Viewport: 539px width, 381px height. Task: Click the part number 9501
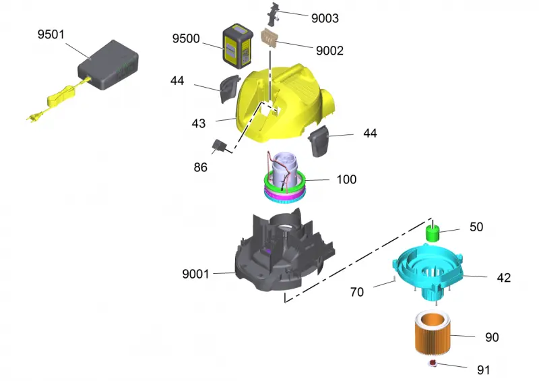(x=51, y=34)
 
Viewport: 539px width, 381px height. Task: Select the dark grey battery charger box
(x=108, y=65)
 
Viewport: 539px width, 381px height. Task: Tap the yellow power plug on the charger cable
(x=33, y=117)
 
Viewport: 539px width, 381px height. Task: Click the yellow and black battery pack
(x=238, y=46)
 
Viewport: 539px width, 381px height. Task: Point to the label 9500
(x=186, y=38)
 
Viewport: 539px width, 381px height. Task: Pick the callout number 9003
(x=325, y=18)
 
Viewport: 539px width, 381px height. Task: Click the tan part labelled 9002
(x=269, y=38)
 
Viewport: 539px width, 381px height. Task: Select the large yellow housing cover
(x=284, y=103)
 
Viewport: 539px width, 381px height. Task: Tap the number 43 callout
(x=198, y=123)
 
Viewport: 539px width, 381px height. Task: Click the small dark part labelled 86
(x=218, y=146)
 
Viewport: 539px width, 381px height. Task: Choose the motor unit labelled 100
(x=284, y=177)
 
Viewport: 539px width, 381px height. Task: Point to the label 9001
(x=195, y=274)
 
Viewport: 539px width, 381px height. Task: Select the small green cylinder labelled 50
(x=433, y=233)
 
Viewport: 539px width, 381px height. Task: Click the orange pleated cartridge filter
(x=433, y=332)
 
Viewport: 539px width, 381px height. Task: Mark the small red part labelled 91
(x=432, y=363)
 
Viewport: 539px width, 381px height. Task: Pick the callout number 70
(x=357, y=292)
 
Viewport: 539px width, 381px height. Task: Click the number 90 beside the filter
(x=492, y=337)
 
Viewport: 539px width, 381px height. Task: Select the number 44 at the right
(x=370, y=134)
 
